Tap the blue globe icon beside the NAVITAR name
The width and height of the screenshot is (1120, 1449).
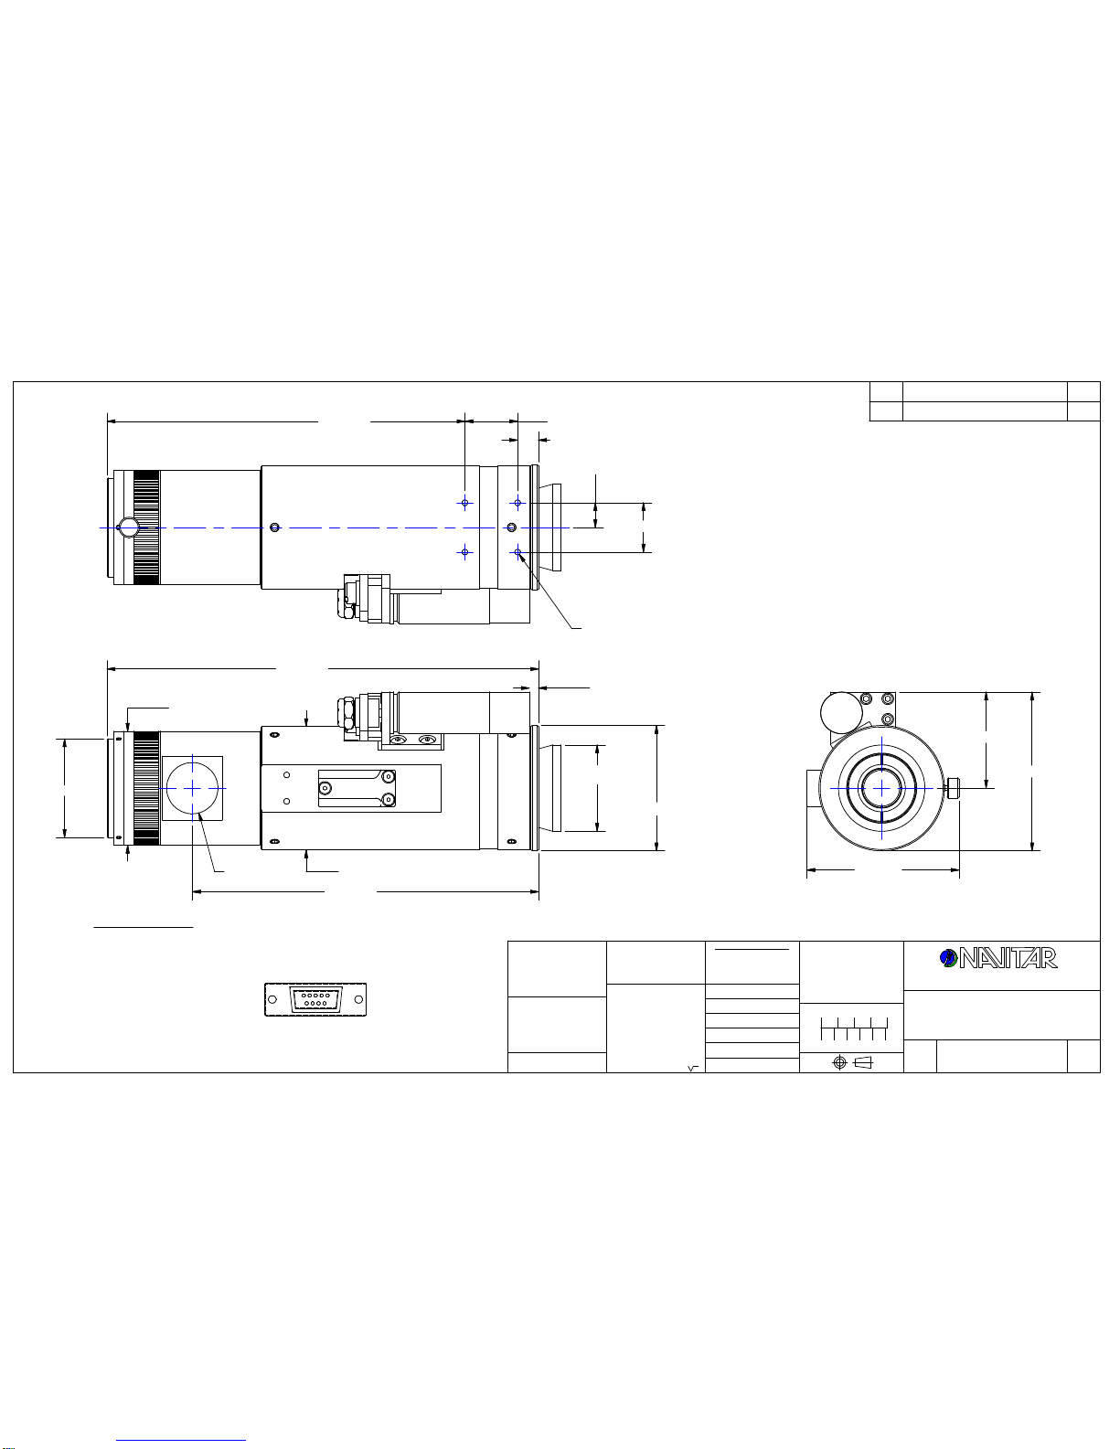click(x=948, y=958)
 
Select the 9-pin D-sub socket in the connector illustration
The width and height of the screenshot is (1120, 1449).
click(x=315, y=999)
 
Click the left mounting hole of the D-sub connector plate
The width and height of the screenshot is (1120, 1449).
click(x=272, y=999)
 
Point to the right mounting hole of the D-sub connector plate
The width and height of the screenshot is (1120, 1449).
click(x=358, y=999)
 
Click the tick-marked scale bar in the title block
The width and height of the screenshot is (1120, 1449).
click(x=854, y=1028)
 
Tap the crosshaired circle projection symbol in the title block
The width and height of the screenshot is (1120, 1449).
click(x=839, y=1063)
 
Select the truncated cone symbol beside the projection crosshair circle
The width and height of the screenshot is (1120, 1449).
click(x=863, y=1063)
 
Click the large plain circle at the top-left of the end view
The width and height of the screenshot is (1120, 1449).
click(x=841, y=713)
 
